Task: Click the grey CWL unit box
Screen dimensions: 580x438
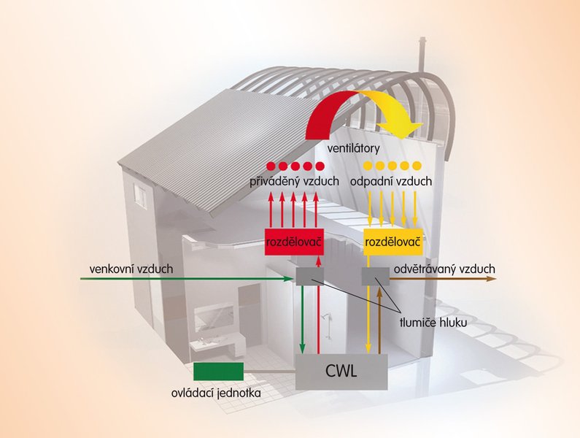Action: (341, 372)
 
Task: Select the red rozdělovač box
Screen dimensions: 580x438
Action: (295, 242)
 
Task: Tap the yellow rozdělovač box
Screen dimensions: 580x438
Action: (393, 242)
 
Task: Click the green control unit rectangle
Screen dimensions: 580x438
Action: (219, 372)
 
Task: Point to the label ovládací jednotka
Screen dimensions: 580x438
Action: (216, 393)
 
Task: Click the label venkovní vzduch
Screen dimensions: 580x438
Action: (131, 269)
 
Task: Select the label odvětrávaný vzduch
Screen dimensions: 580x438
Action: (444, 269)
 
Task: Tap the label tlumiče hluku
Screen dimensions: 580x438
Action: (433, 323)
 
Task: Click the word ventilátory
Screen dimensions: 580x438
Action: (354, 148)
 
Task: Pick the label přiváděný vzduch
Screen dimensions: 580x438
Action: (295, 182)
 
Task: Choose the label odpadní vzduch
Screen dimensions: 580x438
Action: (391, 182)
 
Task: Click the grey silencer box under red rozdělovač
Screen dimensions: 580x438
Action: (310, 276)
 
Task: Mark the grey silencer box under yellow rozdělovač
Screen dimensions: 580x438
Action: (376, 276)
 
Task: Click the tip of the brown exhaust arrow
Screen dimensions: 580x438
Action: (495, 278)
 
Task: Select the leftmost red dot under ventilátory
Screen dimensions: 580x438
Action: (272, 166)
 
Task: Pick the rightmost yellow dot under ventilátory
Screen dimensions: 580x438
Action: (417, 165)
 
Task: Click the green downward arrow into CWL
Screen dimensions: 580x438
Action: (302, 319)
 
